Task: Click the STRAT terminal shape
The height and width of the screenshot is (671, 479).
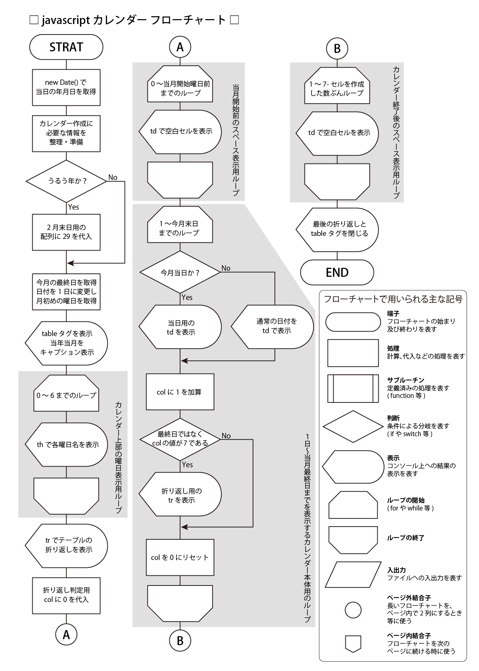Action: (x=66, y=47)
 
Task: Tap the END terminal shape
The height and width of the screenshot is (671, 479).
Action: (x=337, y=272)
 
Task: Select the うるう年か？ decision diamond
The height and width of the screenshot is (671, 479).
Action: (x=66, y=181)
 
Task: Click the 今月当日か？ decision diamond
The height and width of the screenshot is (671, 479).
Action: (x=180, y=272)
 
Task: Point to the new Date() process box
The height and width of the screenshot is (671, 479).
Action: (x=66, y=87)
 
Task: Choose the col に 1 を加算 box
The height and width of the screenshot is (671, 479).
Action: (x=180, y=392)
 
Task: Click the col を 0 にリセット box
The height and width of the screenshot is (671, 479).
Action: (x=180, y=557)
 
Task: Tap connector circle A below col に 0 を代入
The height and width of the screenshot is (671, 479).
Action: (x=66, y=634)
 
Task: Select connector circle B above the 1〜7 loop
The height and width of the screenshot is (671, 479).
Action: (x=337, y=48)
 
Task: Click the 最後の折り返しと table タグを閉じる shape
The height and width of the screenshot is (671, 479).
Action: (x=337, y=228)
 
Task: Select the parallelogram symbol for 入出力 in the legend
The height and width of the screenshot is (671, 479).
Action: (x=353, y=574)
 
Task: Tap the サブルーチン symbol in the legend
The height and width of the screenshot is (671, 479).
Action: (x=353, y=388)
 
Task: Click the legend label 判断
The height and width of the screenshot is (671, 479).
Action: (x=393, y=418)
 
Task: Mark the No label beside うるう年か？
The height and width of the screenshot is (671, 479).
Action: (x=113, y=177)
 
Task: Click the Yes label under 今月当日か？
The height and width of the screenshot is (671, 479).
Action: (x=187, y=297)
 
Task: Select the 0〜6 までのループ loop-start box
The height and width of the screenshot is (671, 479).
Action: (x=66, y=395)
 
